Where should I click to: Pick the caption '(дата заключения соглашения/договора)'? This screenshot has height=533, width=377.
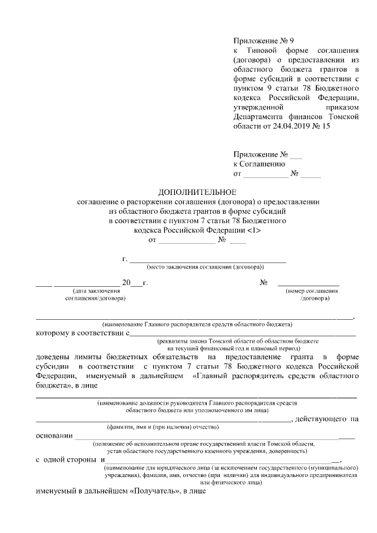click(x=95, y=294)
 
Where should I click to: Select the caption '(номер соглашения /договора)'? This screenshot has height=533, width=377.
click(x=312, y=294)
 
